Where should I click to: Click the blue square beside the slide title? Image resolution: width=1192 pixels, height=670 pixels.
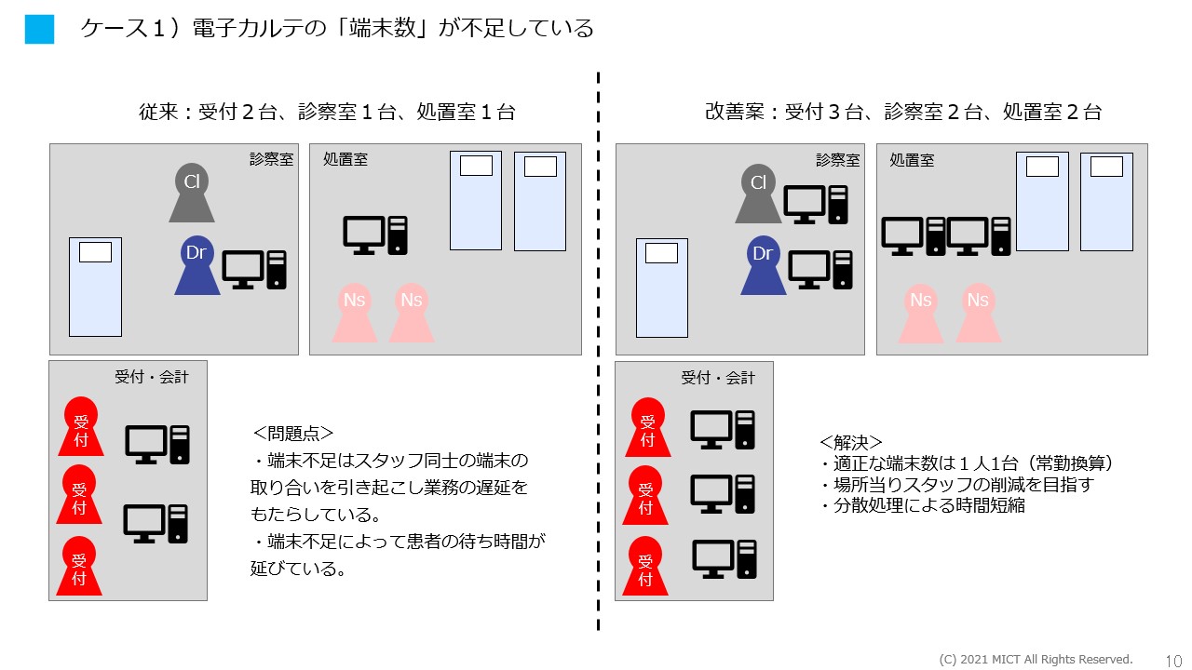(x=40, y=30)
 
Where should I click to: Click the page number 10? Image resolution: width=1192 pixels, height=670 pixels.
(x=1173, y=660)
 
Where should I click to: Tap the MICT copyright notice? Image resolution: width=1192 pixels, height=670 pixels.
(x=1036, y=660)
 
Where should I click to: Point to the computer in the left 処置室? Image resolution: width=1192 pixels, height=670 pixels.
(x=375, y=234)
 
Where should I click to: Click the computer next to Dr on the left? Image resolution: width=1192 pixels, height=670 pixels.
(x=253, y=270)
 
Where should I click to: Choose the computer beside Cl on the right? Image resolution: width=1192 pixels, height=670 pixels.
(x=817, y=204)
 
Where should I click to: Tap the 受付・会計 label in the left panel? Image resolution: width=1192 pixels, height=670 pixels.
(x=151, y=377)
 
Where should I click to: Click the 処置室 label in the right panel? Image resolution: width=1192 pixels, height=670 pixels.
(x=912, y=160)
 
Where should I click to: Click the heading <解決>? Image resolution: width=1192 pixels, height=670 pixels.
(x=851, y=441)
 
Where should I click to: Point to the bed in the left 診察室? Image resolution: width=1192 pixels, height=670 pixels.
(x=95, y=287)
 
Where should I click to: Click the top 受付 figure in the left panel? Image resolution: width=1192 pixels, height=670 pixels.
(x=80, y=427)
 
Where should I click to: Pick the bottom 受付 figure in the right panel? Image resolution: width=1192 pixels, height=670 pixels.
(x=646, y=567)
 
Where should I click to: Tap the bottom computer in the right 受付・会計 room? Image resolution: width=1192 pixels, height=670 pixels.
(x=724, y=558)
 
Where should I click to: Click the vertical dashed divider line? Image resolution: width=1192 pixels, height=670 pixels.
(x=598, y=354)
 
